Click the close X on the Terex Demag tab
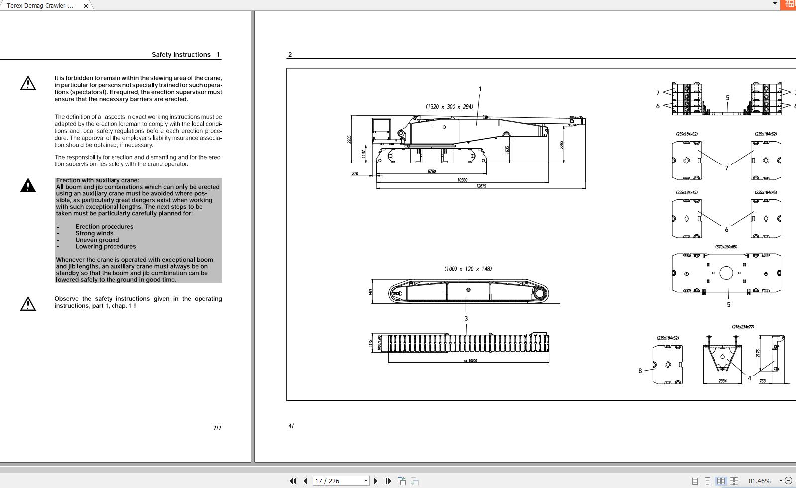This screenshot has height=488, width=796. click(86, 6)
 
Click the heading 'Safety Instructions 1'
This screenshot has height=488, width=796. click(185, 54)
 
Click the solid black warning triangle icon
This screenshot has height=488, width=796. click(28, 186)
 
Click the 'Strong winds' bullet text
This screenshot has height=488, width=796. click(94, 233)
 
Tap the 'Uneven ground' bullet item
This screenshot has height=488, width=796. click(97, 240)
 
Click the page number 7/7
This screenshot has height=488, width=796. click(217, 428)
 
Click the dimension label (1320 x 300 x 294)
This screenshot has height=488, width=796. click(449, 107)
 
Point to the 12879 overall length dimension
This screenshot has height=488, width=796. click(481, 186)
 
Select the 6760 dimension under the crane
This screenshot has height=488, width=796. click(432, 171)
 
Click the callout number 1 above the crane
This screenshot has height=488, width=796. click(480, 89)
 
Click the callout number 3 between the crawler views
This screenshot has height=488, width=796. click(466, 318)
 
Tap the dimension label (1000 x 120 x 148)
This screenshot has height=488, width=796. click(468, 269)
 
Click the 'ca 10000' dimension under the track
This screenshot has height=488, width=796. click(470, 360)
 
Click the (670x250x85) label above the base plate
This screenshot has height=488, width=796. click(726, 247)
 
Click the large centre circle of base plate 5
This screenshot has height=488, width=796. click(726, 273)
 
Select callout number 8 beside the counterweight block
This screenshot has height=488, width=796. click(640, 371)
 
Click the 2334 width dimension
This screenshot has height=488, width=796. click(722, 381)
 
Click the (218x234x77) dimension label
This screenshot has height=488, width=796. click(743, 327)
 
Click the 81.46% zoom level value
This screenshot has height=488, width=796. click(759, 481)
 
